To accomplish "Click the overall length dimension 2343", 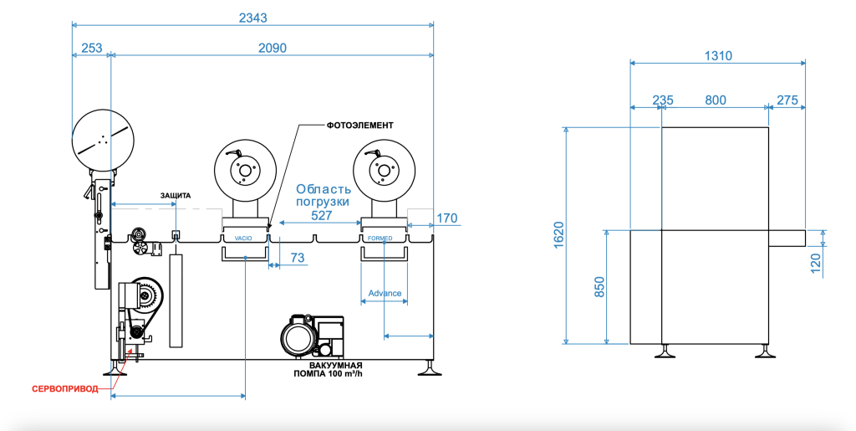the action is (x=253, y=18).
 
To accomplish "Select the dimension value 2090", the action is (x=273, y=48).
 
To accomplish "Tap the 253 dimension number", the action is (x=92, y=48).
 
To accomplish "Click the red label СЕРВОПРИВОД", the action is (x=65, y=389).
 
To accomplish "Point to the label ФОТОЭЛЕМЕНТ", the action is (x=360, y=125).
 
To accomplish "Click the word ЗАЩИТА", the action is (x=176, y=196).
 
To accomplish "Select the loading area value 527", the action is (x=322, y=216).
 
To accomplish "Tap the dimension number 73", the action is (x=298, y=257).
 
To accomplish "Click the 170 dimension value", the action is (x=446, y=218).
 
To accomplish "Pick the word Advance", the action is (x=385, y=294).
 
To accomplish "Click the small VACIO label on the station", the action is (x=243, y=239).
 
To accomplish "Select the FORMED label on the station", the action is (x=380, y=239).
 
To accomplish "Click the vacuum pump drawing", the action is (x=312, y=336).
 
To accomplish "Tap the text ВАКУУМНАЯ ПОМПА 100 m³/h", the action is (x=328, y=370).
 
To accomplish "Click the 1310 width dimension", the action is (x=718, y=56).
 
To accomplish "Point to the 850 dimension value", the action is (x=599, y=287).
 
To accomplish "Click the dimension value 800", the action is (x=716, y=100).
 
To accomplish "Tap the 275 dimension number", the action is (x=787, y=100).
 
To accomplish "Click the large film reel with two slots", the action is (x=103, y=140).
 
